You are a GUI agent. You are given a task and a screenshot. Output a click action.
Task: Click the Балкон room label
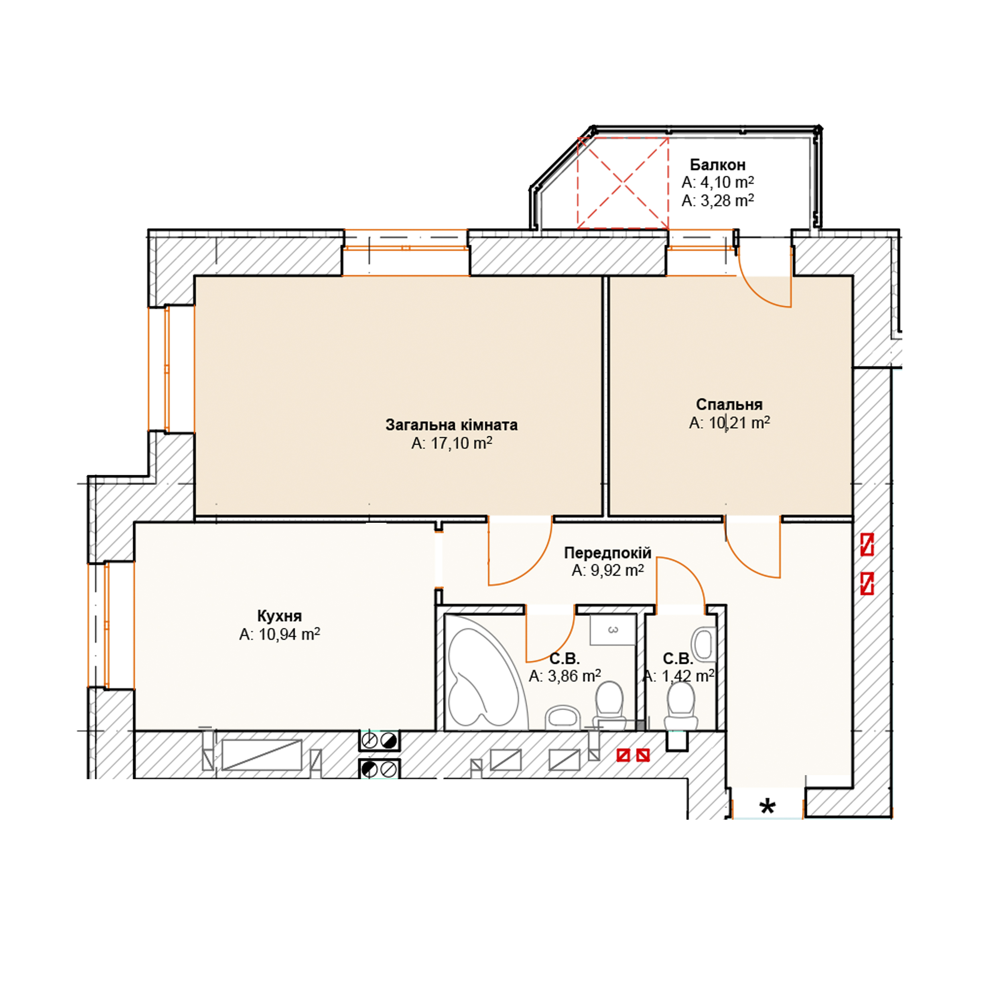717,165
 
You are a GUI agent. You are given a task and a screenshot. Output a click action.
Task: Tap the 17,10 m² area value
461,443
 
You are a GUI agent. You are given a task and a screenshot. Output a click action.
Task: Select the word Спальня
729,404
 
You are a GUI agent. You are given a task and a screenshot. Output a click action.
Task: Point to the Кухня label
279,616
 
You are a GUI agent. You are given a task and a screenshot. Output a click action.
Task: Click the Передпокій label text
608,552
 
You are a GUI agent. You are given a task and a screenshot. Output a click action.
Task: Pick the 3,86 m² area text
574,676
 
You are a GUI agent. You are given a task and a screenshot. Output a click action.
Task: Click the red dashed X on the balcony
623,183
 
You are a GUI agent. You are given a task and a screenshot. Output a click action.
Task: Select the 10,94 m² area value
289,634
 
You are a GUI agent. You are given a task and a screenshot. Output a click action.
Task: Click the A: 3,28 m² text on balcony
717,200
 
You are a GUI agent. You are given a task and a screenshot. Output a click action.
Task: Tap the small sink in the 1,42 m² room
704,644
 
